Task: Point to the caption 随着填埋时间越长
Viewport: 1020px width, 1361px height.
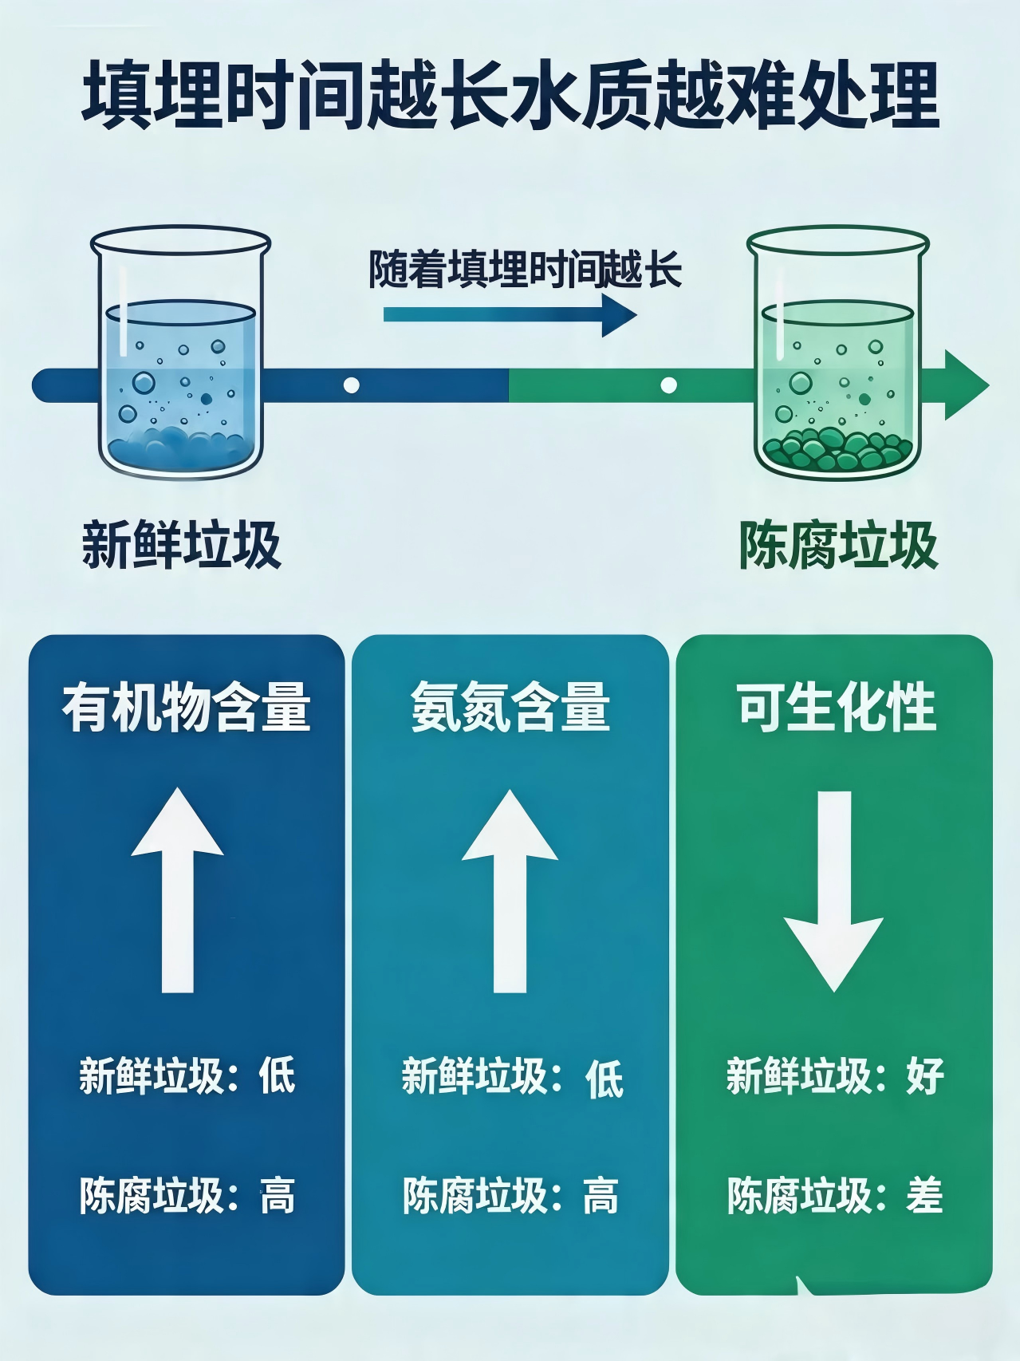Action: click(524, 269)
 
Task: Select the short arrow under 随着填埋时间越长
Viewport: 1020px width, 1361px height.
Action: click(510, 314)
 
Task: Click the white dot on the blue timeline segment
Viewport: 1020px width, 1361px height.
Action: click(351, 385)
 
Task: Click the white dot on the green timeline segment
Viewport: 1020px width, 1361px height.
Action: click(668, 385)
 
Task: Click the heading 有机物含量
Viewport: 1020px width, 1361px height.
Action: click(187, 707)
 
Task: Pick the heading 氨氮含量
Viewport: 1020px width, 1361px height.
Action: click(510, 707)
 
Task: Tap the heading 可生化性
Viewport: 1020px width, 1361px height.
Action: click(836, 707)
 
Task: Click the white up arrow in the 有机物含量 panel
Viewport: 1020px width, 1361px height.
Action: click(178, 890)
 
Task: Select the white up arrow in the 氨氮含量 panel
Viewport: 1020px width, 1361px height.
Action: click(510, 890)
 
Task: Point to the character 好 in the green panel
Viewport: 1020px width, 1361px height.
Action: click(925, 1075)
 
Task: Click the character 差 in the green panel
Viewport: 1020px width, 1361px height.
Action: click(925, 1196)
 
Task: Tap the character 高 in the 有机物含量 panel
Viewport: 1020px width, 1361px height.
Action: click(278, 1196)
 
